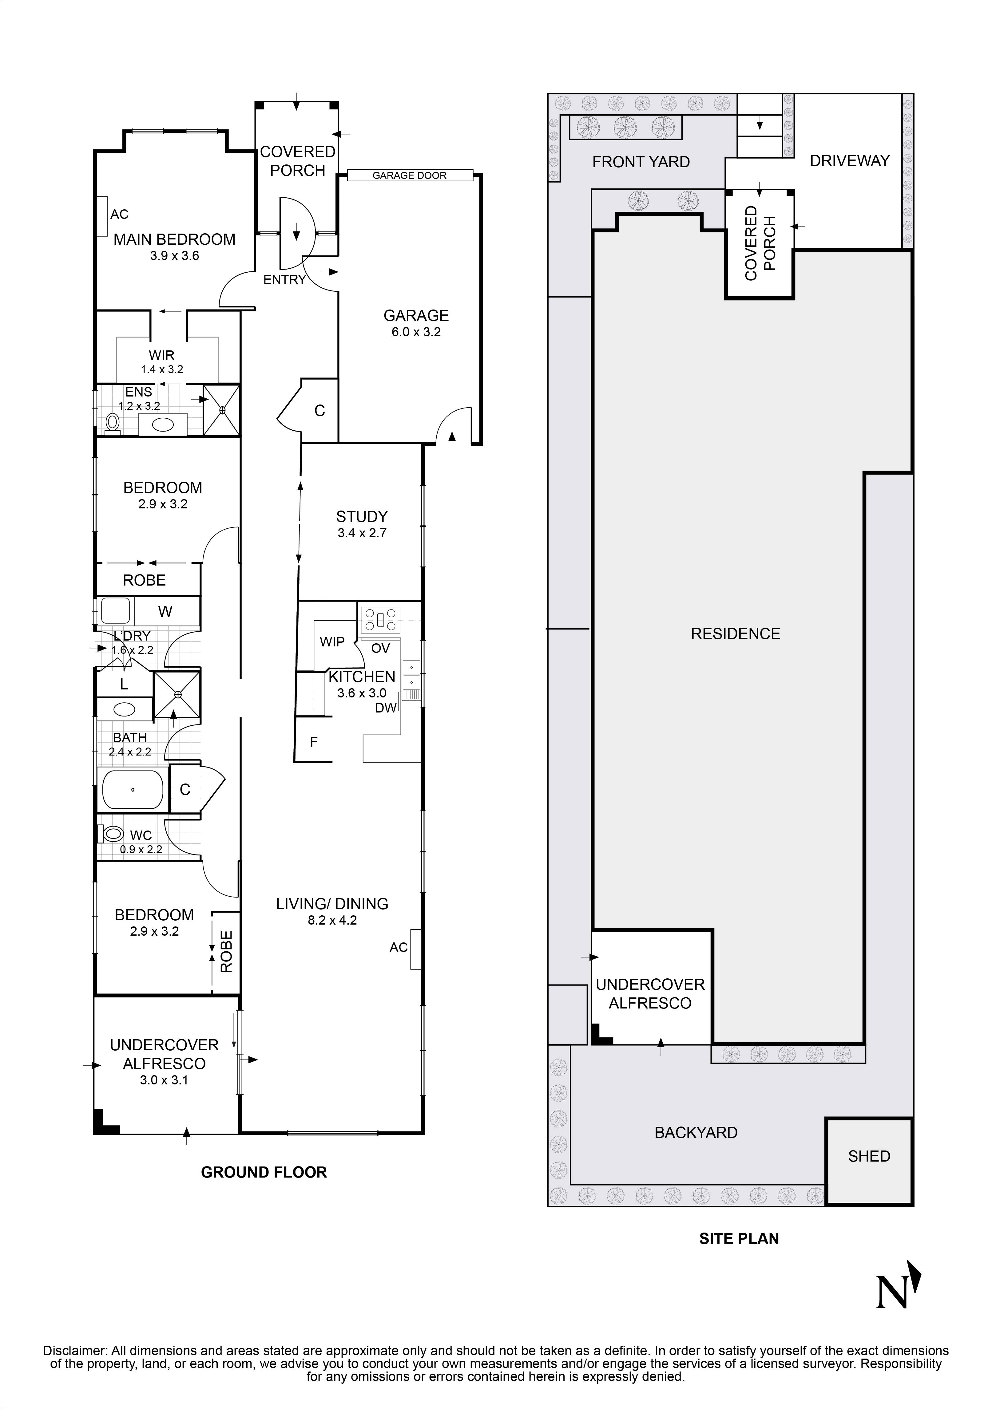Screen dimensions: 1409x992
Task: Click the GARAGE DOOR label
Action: click(x=410, y=176)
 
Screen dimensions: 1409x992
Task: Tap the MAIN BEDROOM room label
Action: click(x=174, y=239)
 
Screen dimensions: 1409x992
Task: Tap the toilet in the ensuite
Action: click(x=112, y=422)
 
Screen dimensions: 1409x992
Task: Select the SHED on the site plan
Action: click(x=869, y=1156)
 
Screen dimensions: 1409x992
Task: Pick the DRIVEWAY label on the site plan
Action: click(x=850, y=161)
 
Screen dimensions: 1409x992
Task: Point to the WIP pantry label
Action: click(x=332, y=642)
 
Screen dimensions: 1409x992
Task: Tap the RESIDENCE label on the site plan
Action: click(x=736, y=634)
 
